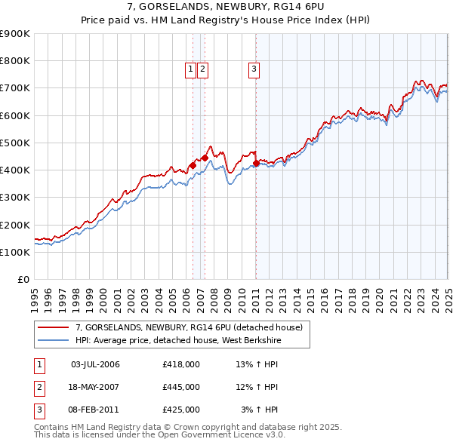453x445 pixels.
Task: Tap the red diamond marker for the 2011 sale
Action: (256, 163)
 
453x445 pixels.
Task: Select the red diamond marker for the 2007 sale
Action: (205, 158)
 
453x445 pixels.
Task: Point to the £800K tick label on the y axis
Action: (15, 61)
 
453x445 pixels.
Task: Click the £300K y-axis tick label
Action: (15, 198)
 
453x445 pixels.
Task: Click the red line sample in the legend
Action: (54, 327)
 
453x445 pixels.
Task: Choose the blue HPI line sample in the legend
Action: (54, 340)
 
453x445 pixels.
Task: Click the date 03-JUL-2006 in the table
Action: (95, 364)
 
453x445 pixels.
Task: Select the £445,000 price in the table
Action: (181, 387)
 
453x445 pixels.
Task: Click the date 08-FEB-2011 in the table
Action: (95, 410)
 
